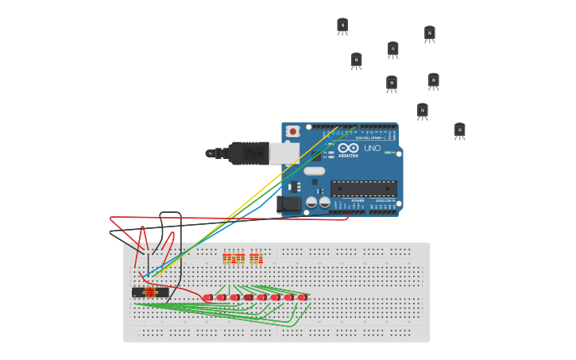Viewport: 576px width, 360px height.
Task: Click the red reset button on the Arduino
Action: pos(293,131)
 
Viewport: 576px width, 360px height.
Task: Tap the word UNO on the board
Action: pos(372,148)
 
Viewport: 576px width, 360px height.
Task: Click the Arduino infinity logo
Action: pos(348,148)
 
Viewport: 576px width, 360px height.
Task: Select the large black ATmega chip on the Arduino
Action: pos(363,188)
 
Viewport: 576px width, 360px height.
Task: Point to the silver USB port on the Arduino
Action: pos(284,153)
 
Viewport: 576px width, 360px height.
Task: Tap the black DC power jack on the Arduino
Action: pos(289,203)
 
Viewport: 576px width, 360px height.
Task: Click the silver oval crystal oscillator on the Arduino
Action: pos(315,171)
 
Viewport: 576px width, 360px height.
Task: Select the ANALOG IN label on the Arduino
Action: pos(385,200)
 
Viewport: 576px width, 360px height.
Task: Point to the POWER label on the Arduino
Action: pos(358,200)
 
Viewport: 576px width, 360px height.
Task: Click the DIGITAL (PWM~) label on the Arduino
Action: pos(369,137)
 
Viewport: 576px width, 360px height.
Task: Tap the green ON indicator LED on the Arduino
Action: pos(389,153)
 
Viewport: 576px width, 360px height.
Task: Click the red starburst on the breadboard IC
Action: pos(150,292)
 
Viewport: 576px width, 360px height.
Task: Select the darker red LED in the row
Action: pos(249,297)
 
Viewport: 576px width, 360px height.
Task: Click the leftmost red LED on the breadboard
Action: pos(207,297)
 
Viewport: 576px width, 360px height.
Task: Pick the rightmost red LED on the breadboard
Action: pos(302,297)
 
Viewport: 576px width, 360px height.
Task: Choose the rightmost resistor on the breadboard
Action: pos(258,258)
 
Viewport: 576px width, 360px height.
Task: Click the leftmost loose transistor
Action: pos(342,26)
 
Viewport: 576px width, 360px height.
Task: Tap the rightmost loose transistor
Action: pos(459,131)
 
